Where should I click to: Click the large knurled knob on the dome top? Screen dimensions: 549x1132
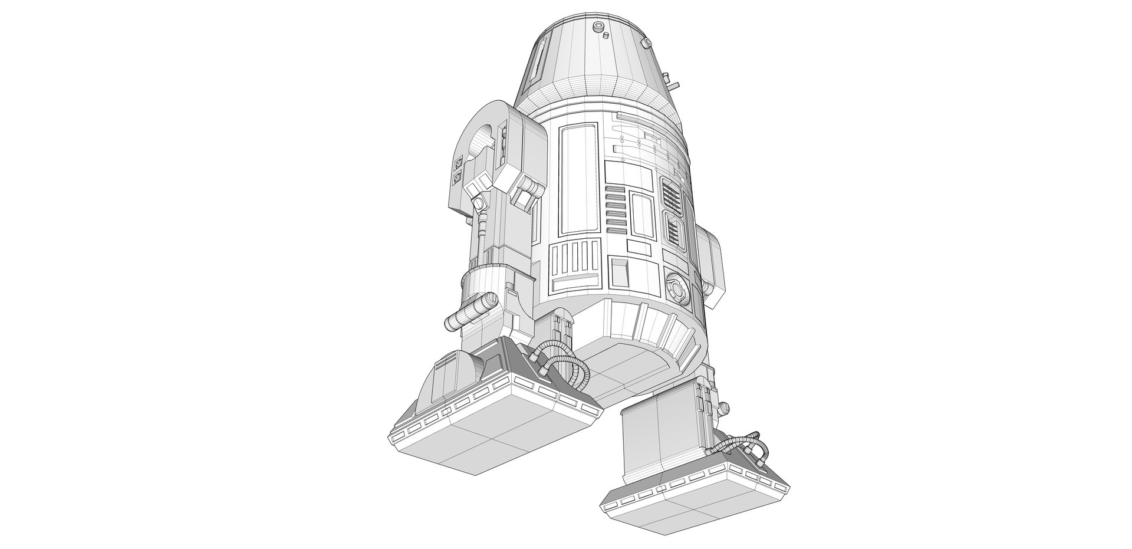point(599,26)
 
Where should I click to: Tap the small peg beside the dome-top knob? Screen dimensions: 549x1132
point(606,36)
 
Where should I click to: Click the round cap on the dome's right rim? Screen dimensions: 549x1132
point(647,42)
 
